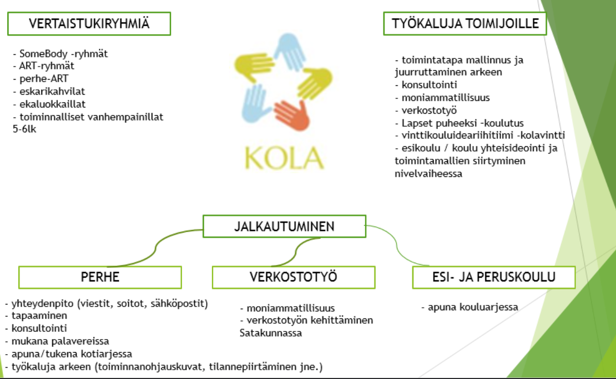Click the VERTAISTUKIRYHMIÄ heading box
pos(89,24)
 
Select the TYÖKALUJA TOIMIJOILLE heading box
pos(465,23)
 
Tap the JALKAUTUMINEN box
pos(284,226)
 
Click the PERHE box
pos(100,277)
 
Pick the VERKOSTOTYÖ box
pos(294,277)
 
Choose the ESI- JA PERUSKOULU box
pos(494,277)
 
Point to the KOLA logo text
pos(284,157)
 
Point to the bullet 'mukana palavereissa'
pos(60,341)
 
